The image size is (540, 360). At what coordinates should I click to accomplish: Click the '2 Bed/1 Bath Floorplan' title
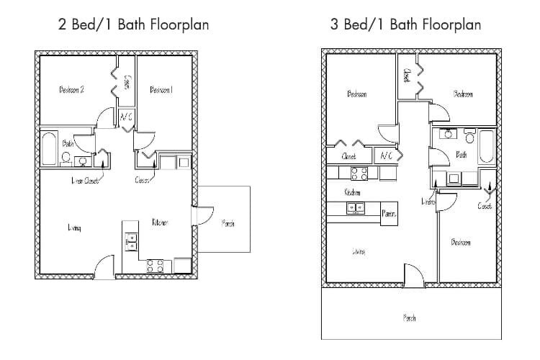[x=134, y=25]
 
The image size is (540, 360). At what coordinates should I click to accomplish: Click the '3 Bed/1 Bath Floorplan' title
[x=405, y=25]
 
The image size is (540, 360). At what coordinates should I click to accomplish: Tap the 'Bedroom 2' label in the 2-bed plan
[x=72, y=90]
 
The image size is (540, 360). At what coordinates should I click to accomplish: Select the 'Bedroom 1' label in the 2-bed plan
[x=161, y=90]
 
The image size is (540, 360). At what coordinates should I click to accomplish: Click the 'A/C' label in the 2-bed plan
[x=125, y=117]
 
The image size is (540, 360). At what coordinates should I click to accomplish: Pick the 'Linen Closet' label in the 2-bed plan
[x=85, y=181]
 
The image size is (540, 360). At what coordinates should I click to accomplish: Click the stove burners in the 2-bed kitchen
[x=154, y=265]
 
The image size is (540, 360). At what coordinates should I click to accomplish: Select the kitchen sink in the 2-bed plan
[x=131, y=241]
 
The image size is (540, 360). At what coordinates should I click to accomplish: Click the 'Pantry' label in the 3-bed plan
[x=390, y=214]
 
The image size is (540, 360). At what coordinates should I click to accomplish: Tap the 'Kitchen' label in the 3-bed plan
[x=352, y=192]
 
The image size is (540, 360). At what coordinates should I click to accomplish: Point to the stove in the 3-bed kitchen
[x=359, y=173]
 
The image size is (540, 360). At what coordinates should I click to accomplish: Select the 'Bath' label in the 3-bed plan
[x=462, y=154]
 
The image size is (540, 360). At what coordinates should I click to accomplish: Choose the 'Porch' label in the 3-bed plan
[x=409, y=318]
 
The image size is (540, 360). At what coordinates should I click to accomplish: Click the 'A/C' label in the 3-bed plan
[x=386, y=155]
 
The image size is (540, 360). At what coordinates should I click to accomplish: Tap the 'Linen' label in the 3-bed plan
[x=428, y=203]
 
